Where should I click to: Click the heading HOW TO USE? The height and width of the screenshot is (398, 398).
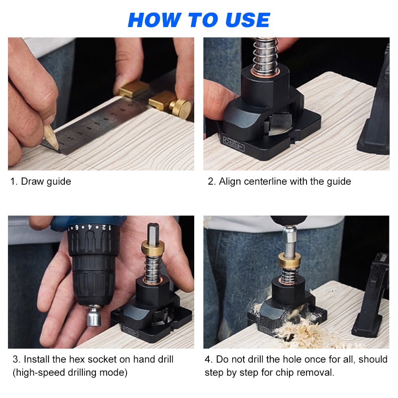coord(199,20)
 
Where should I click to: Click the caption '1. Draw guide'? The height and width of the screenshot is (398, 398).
coord(41,181)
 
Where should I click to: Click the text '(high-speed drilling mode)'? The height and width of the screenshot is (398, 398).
coord(70,373)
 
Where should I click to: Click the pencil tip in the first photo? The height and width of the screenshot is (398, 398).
coord(56,148)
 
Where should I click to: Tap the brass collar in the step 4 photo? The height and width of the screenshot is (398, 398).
coord(289,260)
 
